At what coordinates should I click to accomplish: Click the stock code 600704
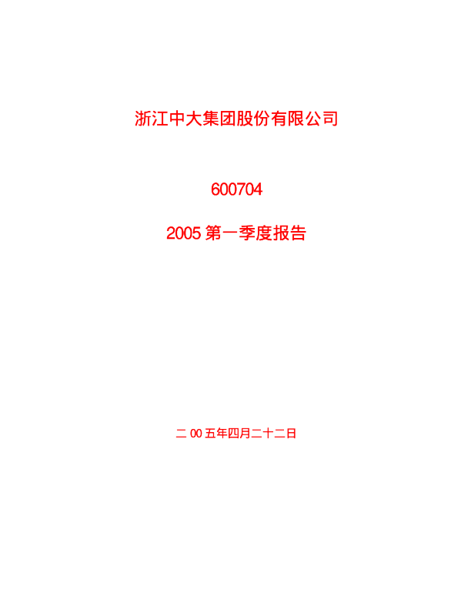pyautogui.click(x=236, y=189)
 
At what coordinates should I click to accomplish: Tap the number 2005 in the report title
pyautogui.click(x=183, y=233)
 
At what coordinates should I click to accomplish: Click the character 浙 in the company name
pyautogui.click(x=142, y=119)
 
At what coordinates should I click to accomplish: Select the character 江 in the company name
pyautogui.click(x=160, y=119)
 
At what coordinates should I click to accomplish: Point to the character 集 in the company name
pyautogui.click(x=211, y=119)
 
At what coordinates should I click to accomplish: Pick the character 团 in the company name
pyautogui.click(x=228, y=119)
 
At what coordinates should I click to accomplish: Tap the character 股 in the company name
pyautogui.click(x=245, y=119)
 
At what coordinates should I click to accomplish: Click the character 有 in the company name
pyautogui.click(x=279, y=119)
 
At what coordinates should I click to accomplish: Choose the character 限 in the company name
pyautogui.click(x=296, y=119)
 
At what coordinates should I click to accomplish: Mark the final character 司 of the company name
pyautogui.click(x=330, y=119)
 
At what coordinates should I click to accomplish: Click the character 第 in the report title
pyautogui.click(x=213, y=233)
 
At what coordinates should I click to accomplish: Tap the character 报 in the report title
pyautogui.click(x=282, y=233)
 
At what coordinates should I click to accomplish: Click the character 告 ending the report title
pyautogui.click(x=298, y=233)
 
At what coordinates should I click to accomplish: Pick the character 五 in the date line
pyautogui.click(x=210, y=433)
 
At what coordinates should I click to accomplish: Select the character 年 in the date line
pyautogui.click(x=222, y=433)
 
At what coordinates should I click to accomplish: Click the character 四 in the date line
pyautogui.click(x=233, y=433)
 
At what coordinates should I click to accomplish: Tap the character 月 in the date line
pyautogui.click(x=245, y=433)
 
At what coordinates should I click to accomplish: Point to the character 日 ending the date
pyautogui.click(x=291, y=433)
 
